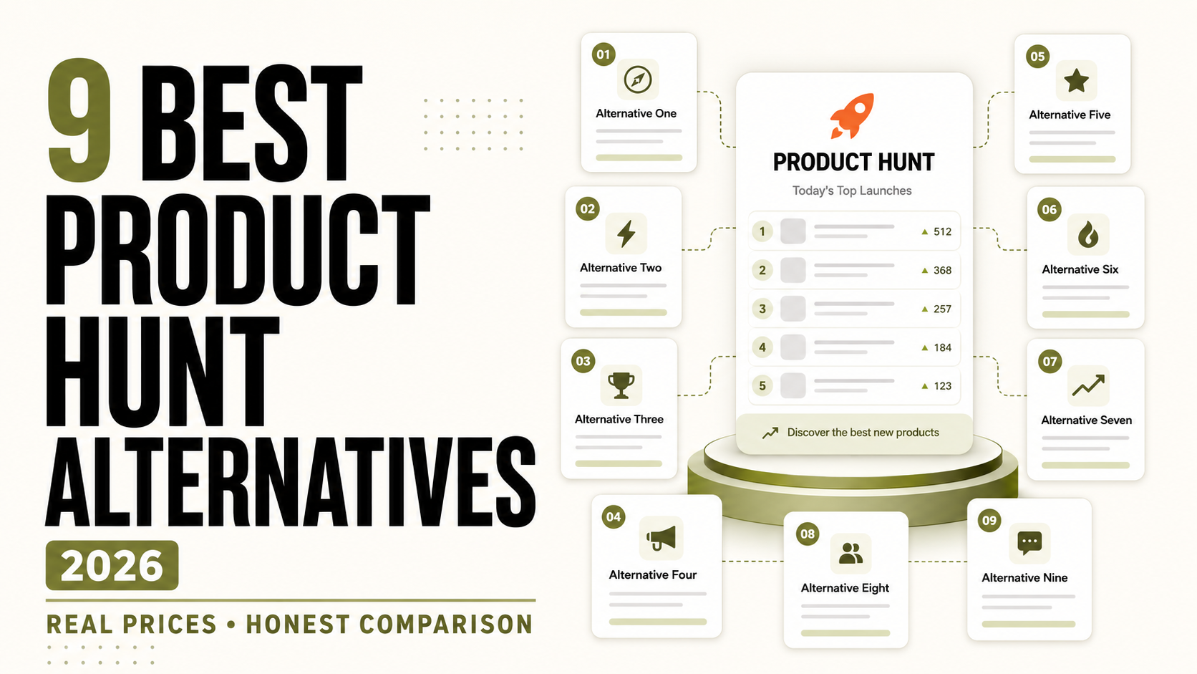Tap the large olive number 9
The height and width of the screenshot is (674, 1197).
click(x=80, y=120)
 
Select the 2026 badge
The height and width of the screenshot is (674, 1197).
click(x=112, y=565)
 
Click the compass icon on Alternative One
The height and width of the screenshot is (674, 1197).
click(x=637, y=80)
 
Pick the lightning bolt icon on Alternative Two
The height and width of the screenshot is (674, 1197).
click(x=626, y=234)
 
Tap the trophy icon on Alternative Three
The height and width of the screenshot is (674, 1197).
click(x=621, y=385)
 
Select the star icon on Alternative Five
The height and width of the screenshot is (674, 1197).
click(x=1076, y=81)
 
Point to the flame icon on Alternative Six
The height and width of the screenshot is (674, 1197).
click(x=1088, y=235)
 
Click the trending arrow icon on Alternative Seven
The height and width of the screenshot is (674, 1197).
click(x=1088, y=385)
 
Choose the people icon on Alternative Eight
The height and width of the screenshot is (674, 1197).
click(x=850, y=553)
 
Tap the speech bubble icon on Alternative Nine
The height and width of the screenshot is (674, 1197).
click(x=1029, y=543)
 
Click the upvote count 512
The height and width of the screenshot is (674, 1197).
click(x=942, y=231)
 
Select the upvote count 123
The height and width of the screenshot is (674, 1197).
click(x=942, y=386)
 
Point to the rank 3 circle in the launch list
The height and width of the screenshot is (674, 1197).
click(x=762, y=309)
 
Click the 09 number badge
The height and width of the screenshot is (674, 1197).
click(x=989, y=521)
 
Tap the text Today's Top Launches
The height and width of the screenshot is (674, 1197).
click(x=852, y=191)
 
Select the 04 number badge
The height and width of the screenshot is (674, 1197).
click(x=614, y=517)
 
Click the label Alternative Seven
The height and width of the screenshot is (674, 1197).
click(x=1086, y=420)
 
